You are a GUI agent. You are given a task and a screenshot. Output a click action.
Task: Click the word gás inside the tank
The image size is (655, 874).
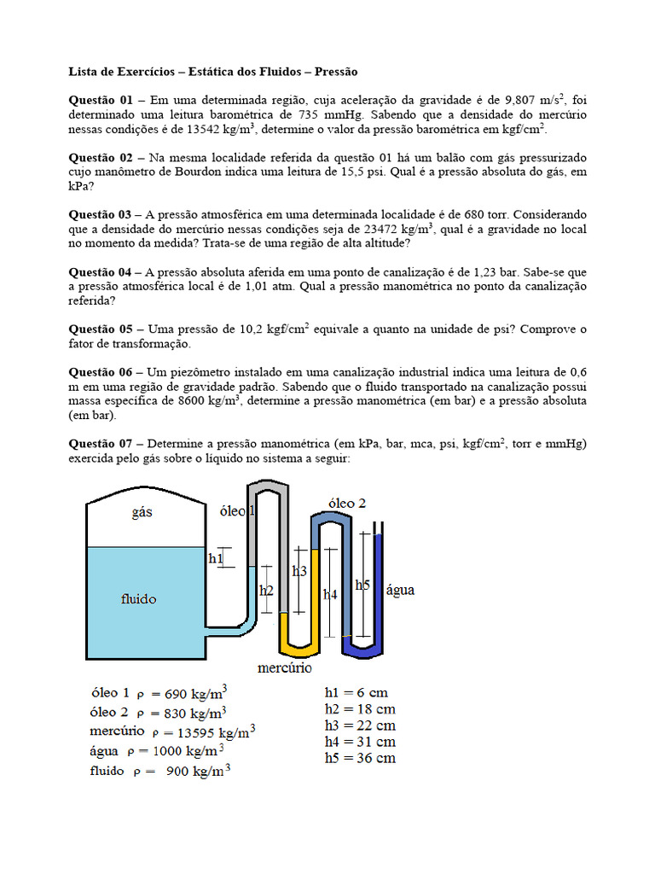click(143, 512)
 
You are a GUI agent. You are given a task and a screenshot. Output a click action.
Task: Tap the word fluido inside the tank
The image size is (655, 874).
click(139, 599)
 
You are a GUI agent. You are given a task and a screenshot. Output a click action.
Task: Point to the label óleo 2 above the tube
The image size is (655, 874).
click(347, 504)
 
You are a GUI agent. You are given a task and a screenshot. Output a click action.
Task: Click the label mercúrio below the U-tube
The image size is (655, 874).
click(284, 667)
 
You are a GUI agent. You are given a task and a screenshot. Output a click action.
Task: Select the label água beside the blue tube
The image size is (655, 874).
click(401, 590)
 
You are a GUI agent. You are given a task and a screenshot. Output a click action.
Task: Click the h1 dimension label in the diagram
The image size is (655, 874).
click(216, 559)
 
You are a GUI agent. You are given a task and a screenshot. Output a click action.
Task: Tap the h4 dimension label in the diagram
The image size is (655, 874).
click(330, 594)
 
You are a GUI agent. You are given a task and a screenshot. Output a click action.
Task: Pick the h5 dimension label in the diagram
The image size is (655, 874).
click(362, 585)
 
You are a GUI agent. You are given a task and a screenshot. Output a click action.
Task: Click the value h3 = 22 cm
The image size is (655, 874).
click(360, 725)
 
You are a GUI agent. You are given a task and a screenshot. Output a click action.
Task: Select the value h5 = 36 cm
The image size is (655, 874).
click(360, 758)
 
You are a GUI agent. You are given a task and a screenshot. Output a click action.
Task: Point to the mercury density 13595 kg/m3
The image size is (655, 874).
click(204, 732)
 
